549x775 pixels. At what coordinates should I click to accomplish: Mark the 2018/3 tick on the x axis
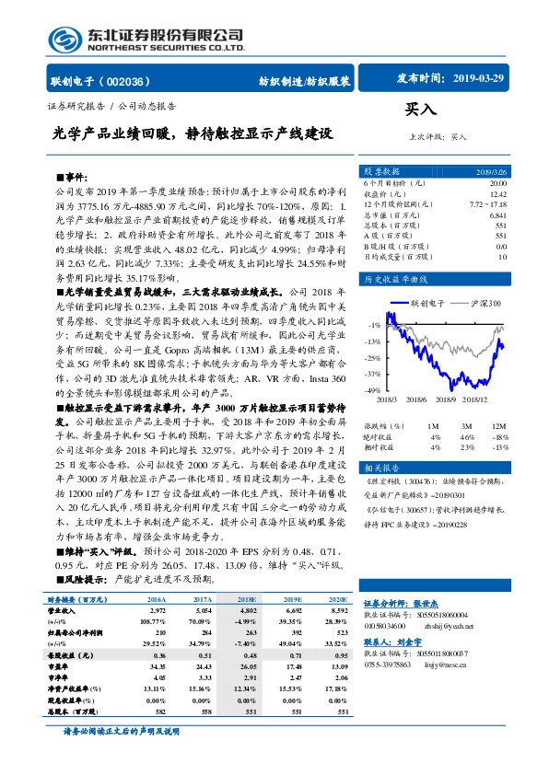pos(387,400)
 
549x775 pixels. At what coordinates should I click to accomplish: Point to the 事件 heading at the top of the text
pos(76,175)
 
